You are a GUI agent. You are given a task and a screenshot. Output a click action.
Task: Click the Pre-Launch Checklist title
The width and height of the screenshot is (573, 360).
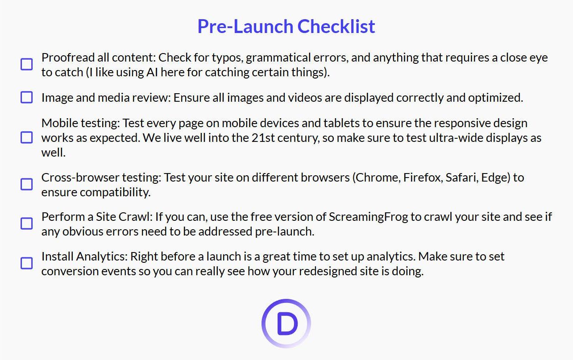coord(286,26)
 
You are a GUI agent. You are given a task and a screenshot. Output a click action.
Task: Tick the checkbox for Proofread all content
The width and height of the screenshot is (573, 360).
coord(27,64)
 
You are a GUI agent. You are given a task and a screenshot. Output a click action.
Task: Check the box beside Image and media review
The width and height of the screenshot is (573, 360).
coord(27,97)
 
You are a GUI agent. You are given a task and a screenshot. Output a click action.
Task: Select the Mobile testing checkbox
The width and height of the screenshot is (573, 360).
coord(27,137)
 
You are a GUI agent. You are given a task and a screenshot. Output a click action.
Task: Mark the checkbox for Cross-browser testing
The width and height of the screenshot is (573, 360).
coord(27,184)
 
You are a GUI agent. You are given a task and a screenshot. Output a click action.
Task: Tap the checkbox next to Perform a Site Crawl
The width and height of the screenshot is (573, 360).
coord(27,223)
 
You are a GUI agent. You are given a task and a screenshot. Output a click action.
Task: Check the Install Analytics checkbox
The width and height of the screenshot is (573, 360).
coord(27,263)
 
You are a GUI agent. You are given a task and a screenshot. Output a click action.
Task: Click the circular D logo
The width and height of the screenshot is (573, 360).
coord(286,323)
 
